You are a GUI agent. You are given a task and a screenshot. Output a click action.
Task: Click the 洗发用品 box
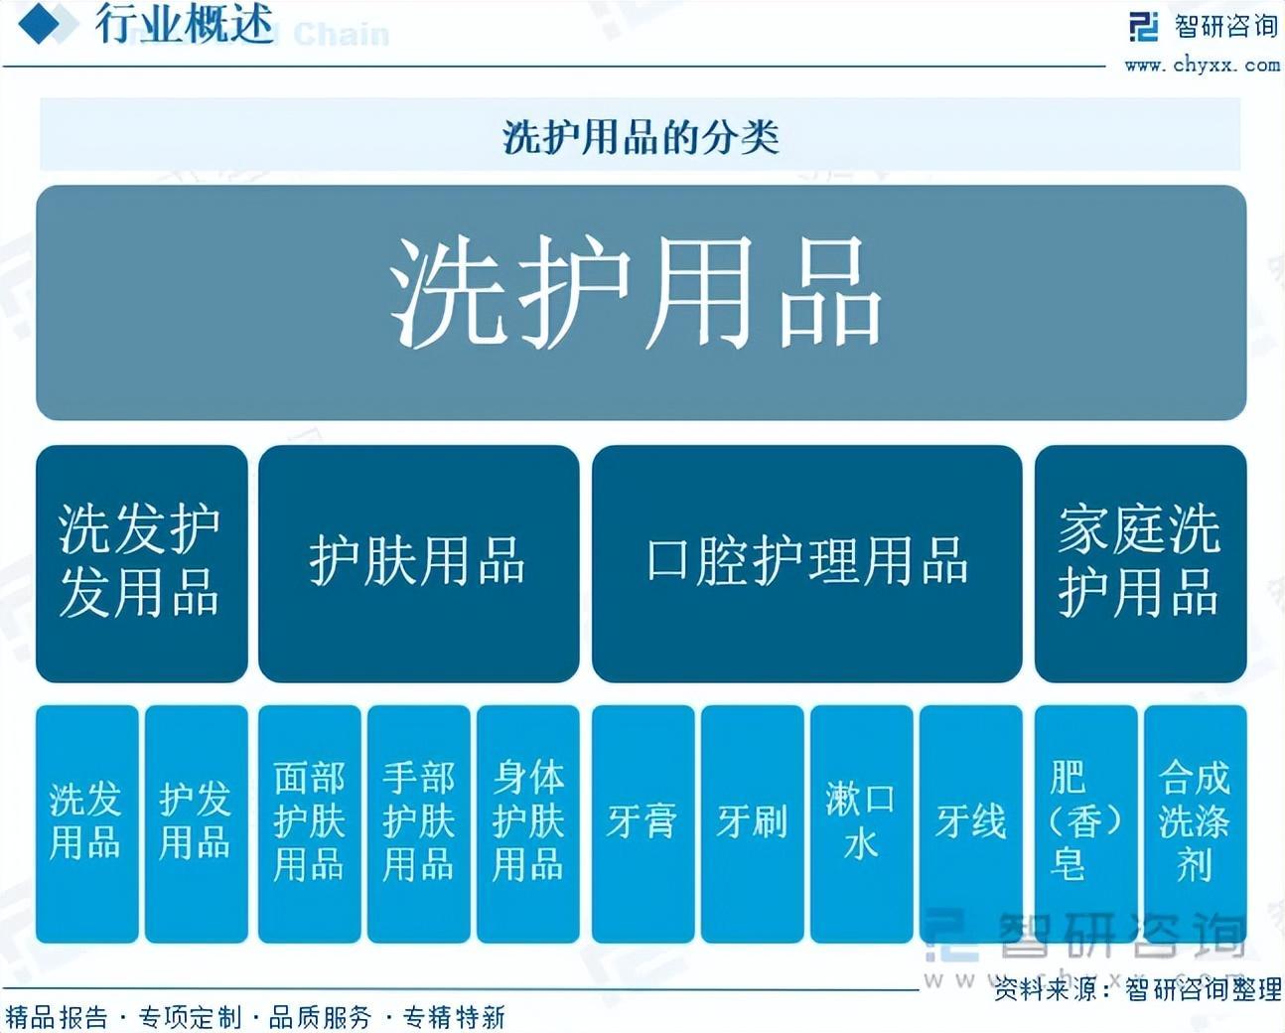[86, 822]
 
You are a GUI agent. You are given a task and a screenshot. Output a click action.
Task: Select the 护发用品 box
[196, 822]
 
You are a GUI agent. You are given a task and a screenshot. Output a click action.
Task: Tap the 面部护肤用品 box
[309, 822]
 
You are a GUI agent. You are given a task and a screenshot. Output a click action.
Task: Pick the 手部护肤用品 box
[418, 822]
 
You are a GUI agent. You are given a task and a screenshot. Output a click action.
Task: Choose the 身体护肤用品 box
[527, 822]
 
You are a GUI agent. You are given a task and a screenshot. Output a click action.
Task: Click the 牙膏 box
[642, 822]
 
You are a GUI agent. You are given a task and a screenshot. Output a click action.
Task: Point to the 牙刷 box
[752, 822]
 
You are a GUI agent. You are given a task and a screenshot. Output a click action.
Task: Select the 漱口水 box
[861, 822]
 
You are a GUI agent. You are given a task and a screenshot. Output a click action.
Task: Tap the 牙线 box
[970, 822]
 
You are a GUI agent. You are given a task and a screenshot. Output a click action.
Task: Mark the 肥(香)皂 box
[1085, 822]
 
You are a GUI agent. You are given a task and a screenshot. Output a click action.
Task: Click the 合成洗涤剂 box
[1195, 822]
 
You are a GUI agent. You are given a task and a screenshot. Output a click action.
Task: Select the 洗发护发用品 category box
[141, 562]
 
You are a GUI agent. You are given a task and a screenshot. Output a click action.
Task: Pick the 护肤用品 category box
[418, 562]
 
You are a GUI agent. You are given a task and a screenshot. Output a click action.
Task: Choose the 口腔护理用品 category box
[806, 562]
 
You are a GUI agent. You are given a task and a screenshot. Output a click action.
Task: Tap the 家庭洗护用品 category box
[1140, 562]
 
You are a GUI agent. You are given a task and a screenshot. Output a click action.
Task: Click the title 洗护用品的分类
[641, 136]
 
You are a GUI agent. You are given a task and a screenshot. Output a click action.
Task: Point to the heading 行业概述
[185, 25]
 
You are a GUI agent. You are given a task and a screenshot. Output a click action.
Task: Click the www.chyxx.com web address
[1202, 66]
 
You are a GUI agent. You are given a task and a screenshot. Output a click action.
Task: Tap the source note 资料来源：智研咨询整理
[1137, 989]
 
